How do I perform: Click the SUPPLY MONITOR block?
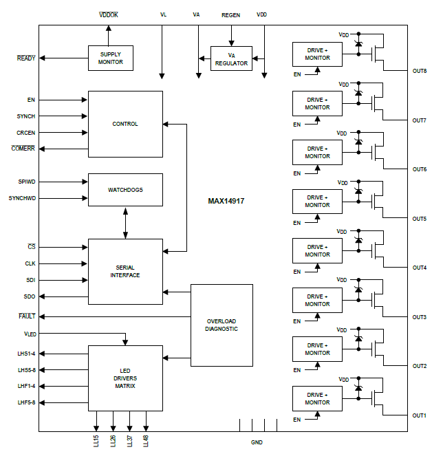coord(110,58)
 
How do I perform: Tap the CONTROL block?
coord(125,124)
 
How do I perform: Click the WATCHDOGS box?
coord(125,189)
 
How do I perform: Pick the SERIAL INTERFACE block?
coord(125,271)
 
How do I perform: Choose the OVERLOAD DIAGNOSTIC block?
coord(221,325)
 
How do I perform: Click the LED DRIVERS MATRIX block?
coord(125,378)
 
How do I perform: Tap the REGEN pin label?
coord(231,14)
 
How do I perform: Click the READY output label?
coord(26,58)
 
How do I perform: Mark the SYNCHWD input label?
coord(22,198)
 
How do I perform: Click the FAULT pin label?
coord(27,316)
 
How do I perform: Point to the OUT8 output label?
coord(419,72)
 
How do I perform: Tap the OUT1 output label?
coord(419,415)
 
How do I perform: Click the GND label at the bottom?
coord(257,442)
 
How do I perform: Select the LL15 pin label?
coord(96,441)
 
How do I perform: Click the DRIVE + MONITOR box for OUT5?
coord(317,202)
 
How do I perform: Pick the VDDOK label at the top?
coord(109,14)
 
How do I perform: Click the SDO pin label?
coord(30,296)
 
